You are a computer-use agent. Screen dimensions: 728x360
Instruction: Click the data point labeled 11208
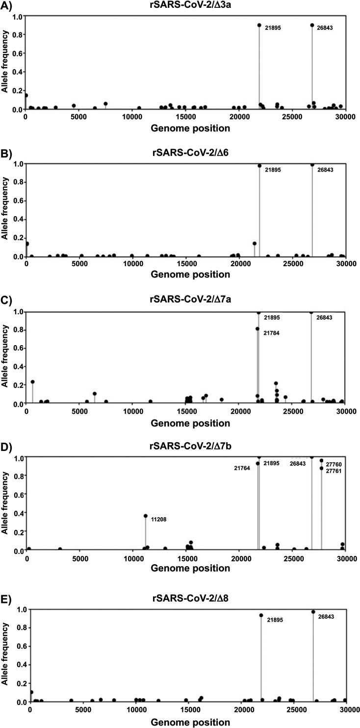pyautogui.click(x=145, y=516)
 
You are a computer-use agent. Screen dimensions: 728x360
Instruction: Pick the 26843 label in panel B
pyautogui.click(x=323, y=170)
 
